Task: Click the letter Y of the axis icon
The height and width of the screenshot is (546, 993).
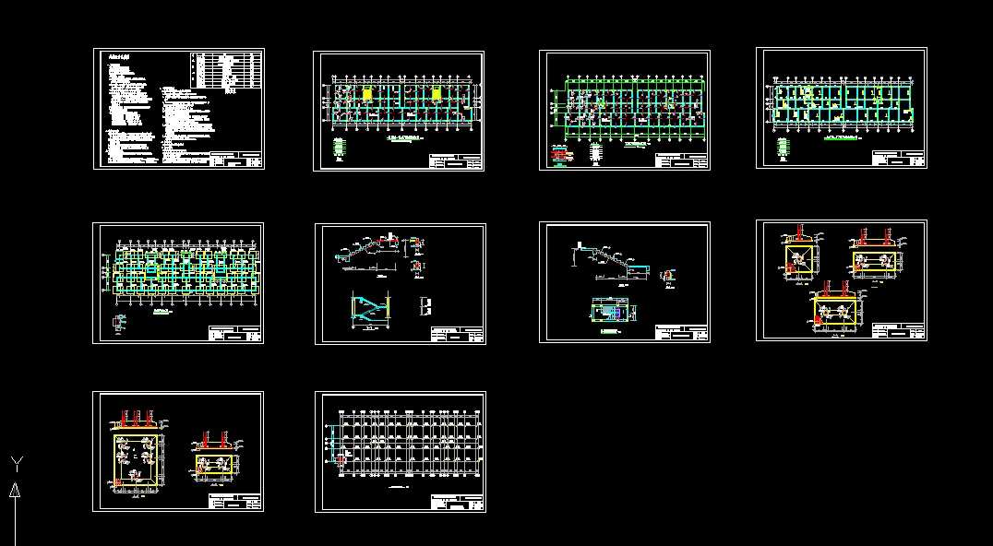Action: [x=16, y=462]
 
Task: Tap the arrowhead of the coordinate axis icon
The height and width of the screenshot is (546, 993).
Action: [x=15, y=490]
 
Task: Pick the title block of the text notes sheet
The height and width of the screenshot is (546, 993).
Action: [x=236, y=160]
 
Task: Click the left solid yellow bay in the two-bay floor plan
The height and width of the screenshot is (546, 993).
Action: [x=367, y=94]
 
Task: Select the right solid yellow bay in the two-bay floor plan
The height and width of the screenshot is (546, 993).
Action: [x=437, y=94]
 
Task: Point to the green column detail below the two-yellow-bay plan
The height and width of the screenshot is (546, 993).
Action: [x=340, y=147]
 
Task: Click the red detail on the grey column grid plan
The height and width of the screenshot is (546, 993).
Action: [x=340, y=457]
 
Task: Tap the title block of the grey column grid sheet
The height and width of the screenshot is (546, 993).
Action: [x=457, y=504]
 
